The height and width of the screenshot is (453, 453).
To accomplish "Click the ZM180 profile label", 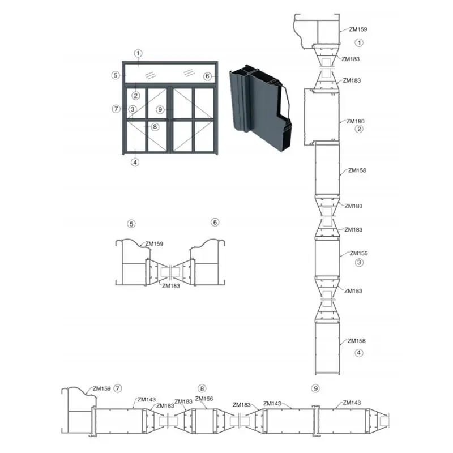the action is pyautogui.click(x=355, y=121).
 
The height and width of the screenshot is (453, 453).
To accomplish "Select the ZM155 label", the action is pyautogui.click(x=358, y=253).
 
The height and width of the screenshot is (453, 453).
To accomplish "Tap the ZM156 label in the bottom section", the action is pyautogui.click(x=204, y=399).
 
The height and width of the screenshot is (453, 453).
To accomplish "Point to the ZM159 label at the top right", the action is pyautogui.click(x=358, y=29).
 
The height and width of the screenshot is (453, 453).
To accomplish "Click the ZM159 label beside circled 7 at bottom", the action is pyautogui.click(x=102, y=388).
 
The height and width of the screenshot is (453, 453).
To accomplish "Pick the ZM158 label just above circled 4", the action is pyautogui.click(x=357, y=341).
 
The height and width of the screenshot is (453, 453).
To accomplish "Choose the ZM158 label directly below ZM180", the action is pyautogui.click(x=357, y=170).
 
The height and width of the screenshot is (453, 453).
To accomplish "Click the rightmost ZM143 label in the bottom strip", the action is pyautogui.click(x=352, y=403).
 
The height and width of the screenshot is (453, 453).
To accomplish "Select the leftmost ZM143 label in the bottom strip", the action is pyautogui.click(x=147, y=400).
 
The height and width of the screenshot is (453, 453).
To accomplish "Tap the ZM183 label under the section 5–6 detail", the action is pyautogui.click(x=171, y=286).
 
